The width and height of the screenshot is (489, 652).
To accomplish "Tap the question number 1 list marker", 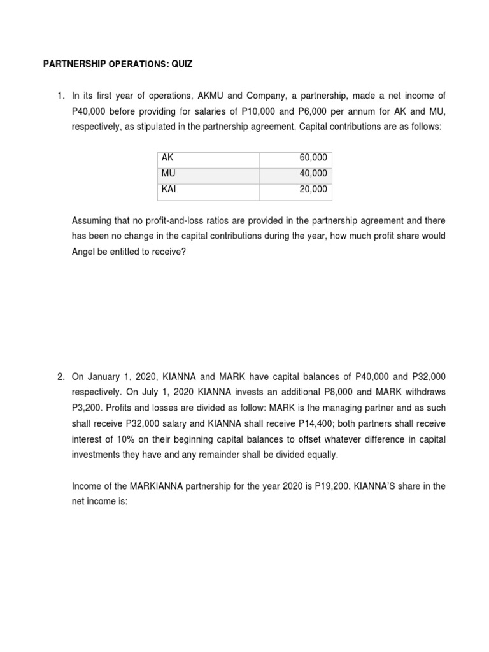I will [60, 96].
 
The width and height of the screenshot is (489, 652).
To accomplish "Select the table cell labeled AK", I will [167, 158].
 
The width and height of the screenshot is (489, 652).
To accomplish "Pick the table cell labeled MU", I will [168, 174].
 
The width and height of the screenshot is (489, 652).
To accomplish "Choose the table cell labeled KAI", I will [169, 190].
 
